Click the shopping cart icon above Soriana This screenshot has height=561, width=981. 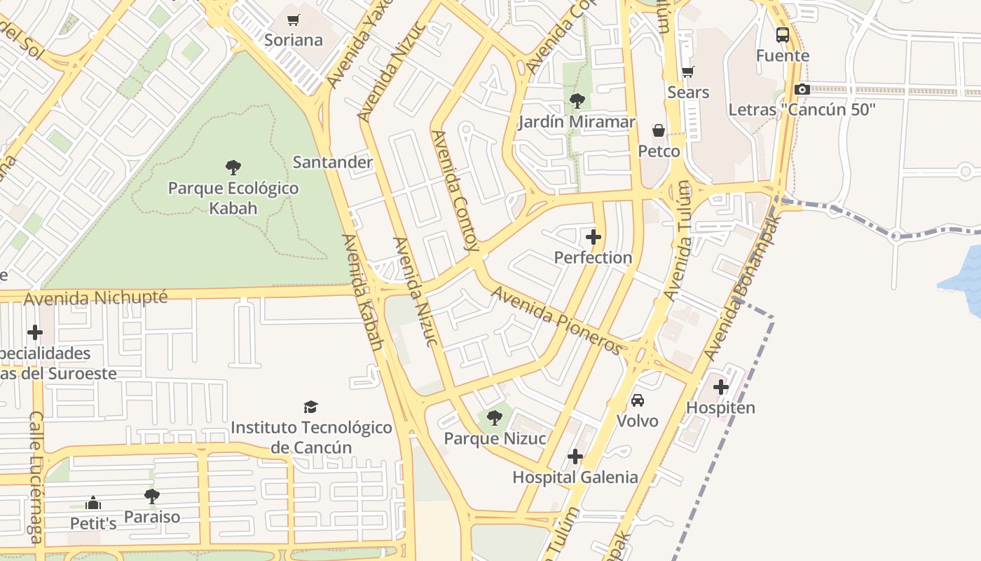click(294, 20)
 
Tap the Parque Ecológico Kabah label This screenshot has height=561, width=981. click(233, 198)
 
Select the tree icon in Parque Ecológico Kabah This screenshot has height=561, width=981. click(233, 168)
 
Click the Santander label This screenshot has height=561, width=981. click(332, 162)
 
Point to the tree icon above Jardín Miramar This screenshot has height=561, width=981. click(577, 101)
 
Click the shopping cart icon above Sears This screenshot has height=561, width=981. click(687, 72)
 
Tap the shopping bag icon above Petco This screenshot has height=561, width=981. click(659, 130)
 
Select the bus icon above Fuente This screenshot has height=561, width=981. click(783, 34)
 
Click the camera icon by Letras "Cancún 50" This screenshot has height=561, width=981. click(802, 89)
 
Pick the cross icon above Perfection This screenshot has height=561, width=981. click(594, 237)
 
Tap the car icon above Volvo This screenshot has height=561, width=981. click(638, 400)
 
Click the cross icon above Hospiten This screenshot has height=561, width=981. click(721, 387)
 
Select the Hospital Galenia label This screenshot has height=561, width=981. click(575, 478)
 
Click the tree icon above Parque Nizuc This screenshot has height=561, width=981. click(495, 419)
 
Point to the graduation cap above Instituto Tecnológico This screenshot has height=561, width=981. click(311, 407)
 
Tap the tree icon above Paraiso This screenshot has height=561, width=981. click(152, 496)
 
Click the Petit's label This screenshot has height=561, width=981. click(93, 523)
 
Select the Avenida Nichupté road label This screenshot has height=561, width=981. click(96, 298)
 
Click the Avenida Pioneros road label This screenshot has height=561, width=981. click(557, 320)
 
